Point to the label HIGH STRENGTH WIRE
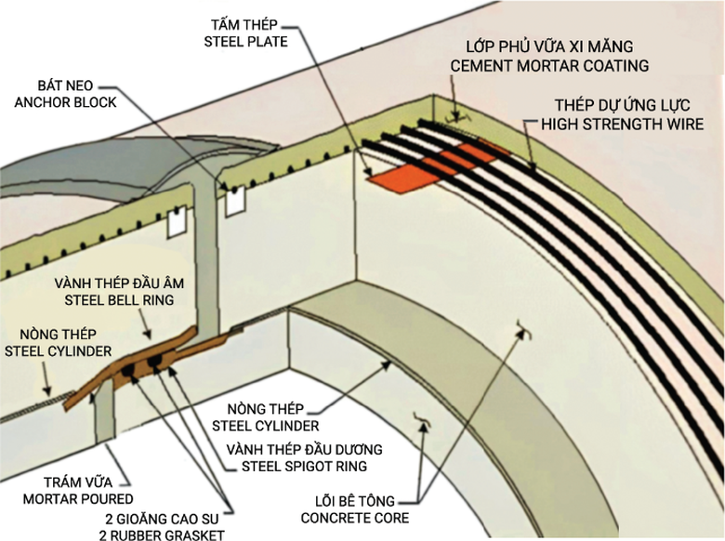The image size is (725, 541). coord(624,124)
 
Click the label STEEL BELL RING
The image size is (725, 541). coord(121,300)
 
